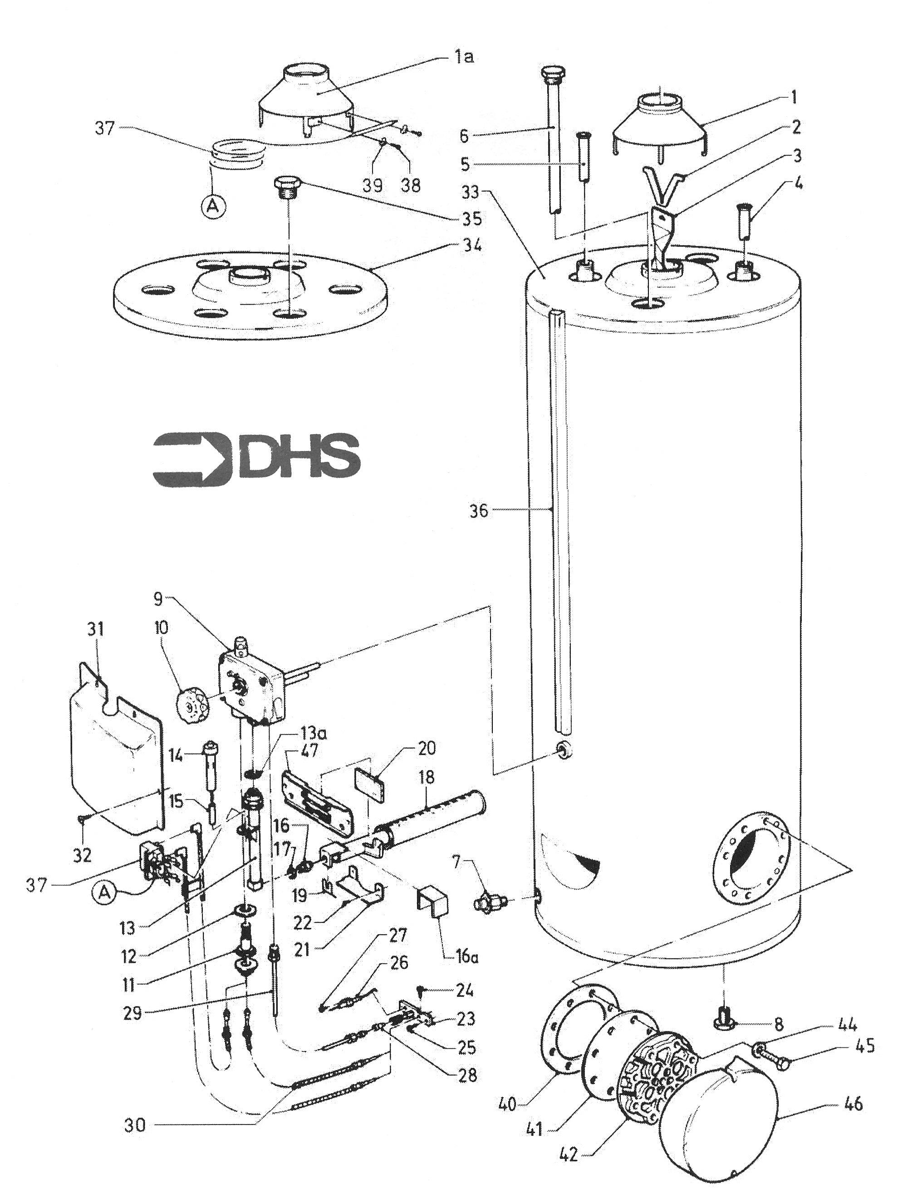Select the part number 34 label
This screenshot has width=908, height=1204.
point(471,247)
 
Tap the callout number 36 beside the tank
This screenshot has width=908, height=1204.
point(479,511)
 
